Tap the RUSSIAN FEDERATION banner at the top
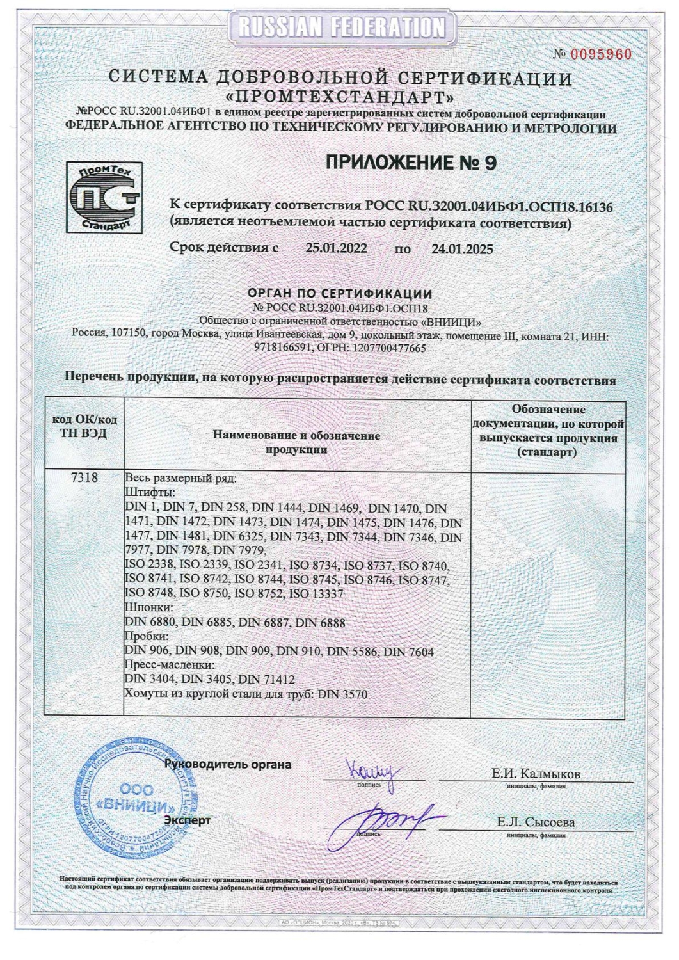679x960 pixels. (x=340, y=27)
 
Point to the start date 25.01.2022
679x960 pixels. (x=336, y=248)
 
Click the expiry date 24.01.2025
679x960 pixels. (x=462, y=249)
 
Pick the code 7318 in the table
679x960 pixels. (x=84, y=477)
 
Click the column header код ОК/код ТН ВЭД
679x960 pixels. (x=84, y=426)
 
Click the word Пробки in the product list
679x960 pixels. (x=147, y=637)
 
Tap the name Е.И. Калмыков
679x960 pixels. (x=536, y=774)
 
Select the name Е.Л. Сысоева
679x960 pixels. (x=536, y=822)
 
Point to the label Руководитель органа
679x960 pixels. (x=228, y=764)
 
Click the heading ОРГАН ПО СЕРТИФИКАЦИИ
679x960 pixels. (x=340, y=294)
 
